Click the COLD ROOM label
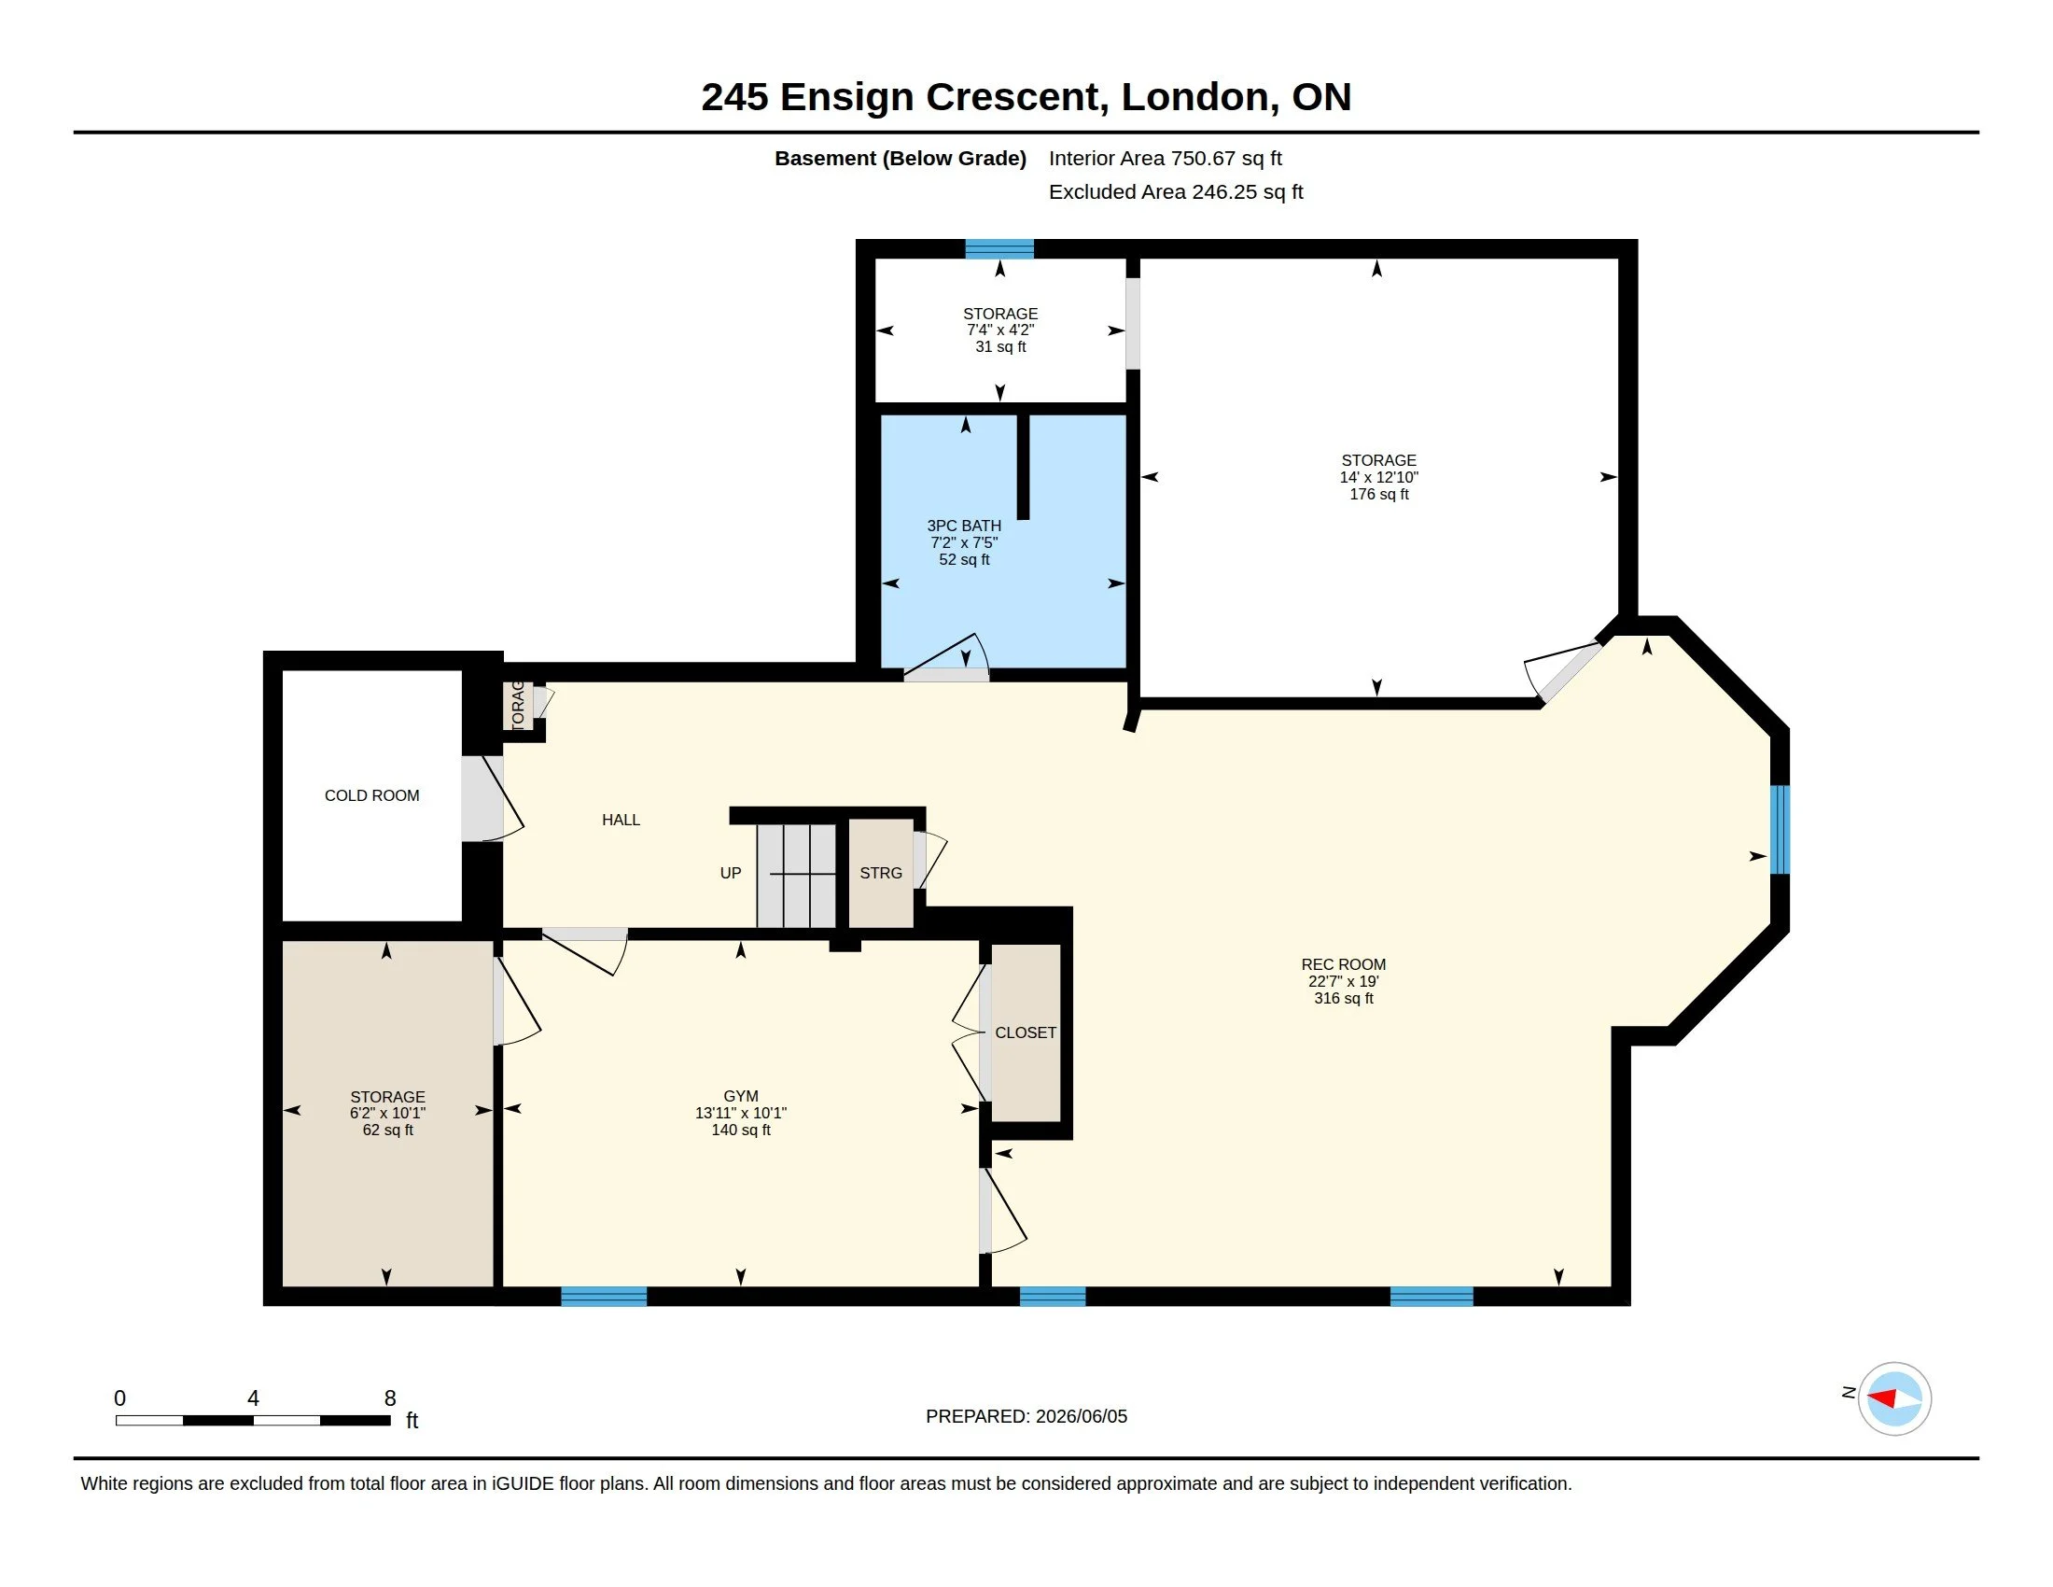[371, 795]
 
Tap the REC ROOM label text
[1343, 963]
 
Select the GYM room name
[741, 1095]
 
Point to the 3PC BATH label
[964, 526]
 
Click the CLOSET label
[1026, 1032]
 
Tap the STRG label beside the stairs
[881, 873]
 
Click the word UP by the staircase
[731, 873]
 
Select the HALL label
[621, 820]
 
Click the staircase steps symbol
[796, 876]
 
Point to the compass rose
[1894, 1398]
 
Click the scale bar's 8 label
[390, 1398]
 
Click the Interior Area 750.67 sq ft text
[1165, 158]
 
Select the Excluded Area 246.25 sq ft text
[1175, 191]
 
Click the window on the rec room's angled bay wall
[1780, 829]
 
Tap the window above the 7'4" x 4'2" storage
[999, 249]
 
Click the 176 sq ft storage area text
[1379, 494]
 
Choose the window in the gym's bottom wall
[604, 1296]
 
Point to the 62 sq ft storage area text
[387, 1130]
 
